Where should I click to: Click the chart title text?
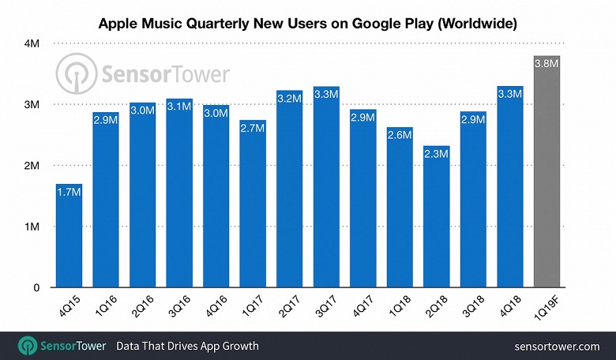click(308, 24)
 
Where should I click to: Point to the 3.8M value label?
click(547, 66)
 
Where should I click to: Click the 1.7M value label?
click(69, 192)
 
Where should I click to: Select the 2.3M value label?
click(436, 156)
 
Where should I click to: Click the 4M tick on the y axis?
click(34, 44)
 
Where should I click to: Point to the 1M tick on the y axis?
click(34, 227)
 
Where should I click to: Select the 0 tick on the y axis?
click(37, 288)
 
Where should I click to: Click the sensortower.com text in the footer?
click(557, 346)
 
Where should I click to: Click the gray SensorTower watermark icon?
click(73, 75)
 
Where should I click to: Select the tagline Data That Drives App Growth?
click(187, 346)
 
